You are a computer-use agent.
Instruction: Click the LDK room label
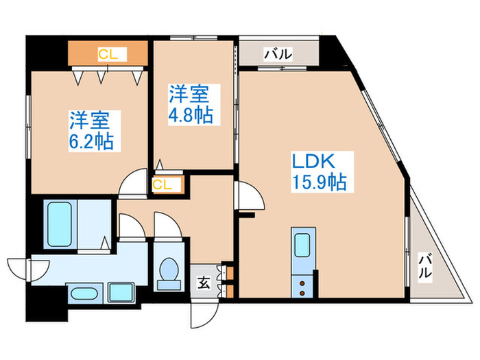coord(313,162)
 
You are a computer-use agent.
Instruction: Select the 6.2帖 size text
coord(91,142)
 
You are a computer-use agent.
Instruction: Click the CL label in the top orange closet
coord(107,53)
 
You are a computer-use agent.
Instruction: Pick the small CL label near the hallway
coord(163,184)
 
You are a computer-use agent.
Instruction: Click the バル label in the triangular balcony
coord(425,265)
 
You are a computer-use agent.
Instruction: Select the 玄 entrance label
coord(204,280)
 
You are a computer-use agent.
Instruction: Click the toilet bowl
coord(167,272)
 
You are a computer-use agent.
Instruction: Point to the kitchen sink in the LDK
coord(302,248)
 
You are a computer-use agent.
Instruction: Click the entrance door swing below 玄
coord(203,314)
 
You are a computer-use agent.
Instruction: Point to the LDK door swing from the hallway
coord(250,198)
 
